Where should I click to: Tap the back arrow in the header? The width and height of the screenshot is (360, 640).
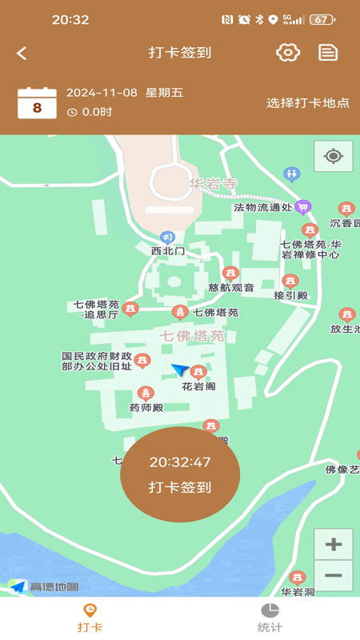pos(22,53)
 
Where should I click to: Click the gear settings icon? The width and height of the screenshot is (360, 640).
pos(288,53)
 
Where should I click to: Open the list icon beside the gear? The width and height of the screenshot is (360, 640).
pos(328,53)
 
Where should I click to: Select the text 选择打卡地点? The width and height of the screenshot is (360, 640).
pos(308,103)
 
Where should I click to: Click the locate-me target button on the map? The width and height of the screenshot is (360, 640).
pos(334,156)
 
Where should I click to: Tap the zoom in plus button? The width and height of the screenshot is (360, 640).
pos(334,545)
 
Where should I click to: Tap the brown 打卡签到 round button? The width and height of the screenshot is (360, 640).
pos(180,474)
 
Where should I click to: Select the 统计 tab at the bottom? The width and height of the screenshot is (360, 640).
pos(270,618)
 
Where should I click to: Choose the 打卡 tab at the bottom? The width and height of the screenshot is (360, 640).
pos(90,618)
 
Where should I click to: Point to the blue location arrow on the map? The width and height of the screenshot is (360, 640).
pos(180,370)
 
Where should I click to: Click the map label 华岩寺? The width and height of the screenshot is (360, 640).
pos(214,184)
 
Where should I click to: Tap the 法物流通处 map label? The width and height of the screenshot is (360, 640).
pos(263,208)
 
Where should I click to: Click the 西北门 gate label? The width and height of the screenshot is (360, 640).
pos(168,250)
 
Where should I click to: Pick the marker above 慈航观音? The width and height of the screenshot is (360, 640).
pos(230,274)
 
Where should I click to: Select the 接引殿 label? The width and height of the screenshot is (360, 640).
pos(290,295)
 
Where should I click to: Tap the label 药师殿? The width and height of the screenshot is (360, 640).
pos(146,407)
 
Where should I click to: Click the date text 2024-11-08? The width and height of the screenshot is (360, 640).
pos(102,93)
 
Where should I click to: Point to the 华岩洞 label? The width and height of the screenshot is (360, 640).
pos(298,592)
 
